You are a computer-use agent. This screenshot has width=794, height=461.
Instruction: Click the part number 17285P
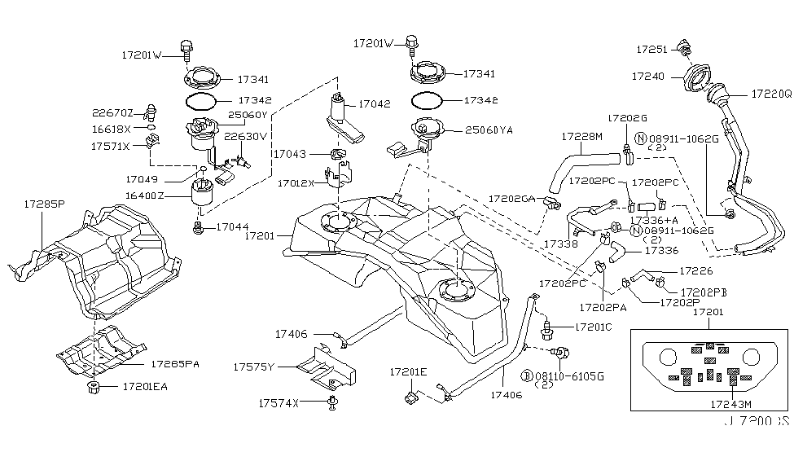point(43,207)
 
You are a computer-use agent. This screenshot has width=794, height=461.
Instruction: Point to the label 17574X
point(279,402)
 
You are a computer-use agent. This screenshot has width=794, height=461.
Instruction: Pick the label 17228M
point(581,137)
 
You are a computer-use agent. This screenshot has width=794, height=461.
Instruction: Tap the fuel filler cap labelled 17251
point(684,49)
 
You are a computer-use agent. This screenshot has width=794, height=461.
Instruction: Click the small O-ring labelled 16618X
point(151,129)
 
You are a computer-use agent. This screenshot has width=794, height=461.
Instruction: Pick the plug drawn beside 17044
point(197,227)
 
